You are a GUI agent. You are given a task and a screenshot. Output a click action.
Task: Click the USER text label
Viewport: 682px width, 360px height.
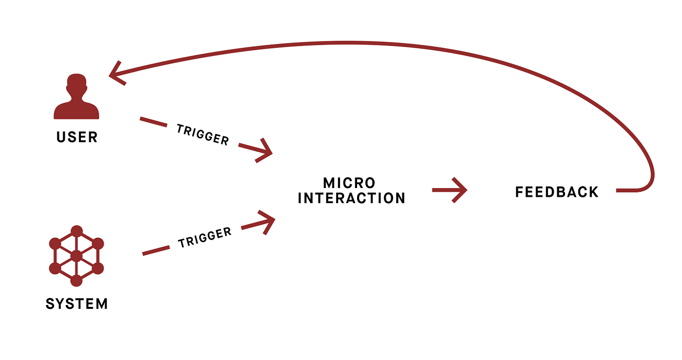click(77, 137)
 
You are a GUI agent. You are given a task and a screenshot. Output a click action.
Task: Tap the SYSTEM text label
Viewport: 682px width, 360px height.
click(76, 304)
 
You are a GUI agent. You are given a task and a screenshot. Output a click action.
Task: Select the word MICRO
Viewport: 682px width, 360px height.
click(349, 183)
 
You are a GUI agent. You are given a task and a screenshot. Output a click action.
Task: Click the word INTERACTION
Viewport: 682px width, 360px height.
click(351, 198)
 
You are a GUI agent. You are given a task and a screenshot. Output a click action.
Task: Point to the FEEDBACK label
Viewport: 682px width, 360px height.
click(557, 192)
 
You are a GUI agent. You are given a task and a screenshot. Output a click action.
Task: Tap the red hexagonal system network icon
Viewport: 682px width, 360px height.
click(76, 256)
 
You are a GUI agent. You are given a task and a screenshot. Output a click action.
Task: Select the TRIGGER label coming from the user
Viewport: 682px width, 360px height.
click(203, 134)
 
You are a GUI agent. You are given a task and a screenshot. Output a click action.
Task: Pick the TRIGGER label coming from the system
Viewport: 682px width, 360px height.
click(205, 238)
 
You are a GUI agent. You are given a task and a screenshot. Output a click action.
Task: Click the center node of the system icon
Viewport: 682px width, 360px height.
click(76, 256)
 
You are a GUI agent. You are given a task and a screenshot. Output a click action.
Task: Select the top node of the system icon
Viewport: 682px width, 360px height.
click(76, 230)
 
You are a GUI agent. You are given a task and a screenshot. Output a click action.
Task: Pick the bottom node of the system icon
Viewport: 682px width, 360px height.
click(76, 281)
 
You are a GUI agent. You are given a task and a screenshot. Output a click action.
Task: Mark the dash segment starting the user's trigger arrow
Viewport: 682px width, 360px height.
click(153, 122)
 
